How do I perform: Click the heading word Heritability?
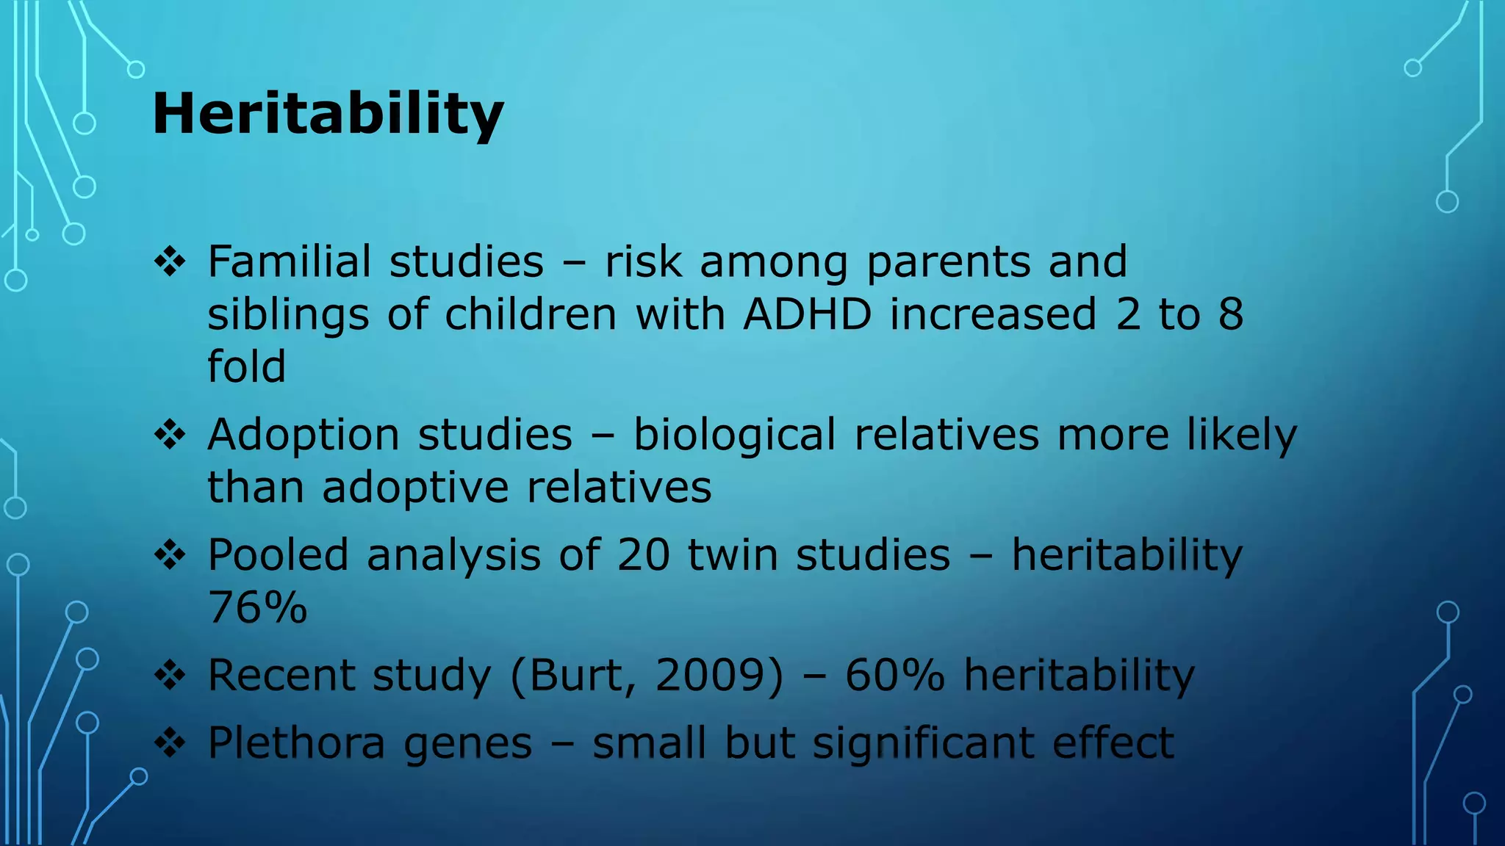pos(328,114)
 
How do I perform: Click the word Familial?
pos(289,261)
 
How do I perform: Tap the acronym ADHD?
pos(807,314)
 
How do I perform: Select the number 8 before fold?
pos(1231,314)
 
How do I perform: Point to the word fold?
pos(246,366)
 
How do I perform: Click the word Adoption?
pos(303,435)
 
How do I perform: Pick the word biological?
pos(734,435)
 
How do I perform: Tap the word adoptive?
pos(415,488)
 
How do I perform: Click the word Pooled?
pos(278,554)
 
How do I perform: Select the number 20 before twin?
pos(643,554)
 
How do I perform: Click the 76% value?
pos(257,607)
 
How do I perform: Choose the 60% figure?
pos(894,675)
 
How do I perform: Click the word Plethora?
pos(296,742)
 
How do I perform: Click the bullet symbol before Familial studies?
pos(170,262)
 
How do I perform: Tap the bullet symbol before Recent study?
pos(170,676)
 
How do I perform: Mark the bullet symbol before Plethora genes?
pos(170,743)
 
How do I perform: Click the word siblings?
pos(288,314)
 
